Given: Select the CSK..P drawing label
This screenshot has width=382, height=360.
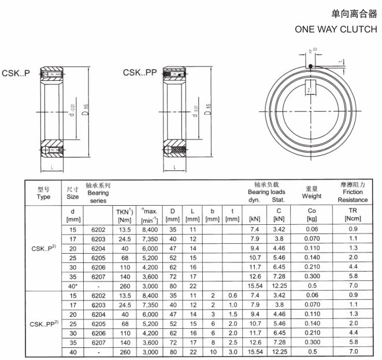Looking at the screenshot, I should coord(16,73).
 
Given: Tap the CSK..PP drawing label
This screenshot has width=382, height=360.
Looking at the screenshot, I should coord(140,73).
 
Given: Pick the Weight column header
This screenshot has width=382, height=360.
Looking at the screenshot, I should coord(311,192).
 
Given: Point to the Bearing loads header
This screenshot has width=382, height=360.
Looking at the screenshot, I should coord(266,192).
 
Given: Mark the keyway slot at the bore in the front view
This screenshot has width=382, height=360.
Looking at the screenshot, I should coord(310,90).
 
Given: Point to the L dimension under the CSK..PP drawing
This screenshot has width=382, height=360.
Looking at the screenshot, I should coord(175,168).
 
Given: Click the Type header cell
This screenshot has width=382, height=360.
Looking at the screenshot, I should coord(44,192).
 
